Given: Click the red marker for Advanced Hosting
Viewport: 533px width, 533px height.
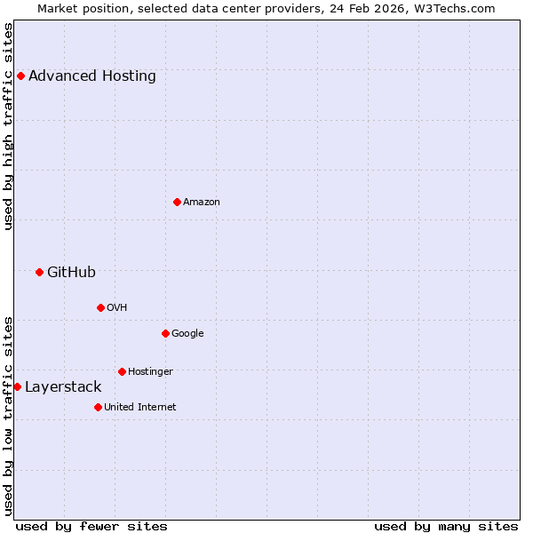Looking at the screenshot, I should coord(20,76).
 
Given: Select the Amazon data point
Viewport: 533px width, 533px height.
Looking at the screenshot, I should coord(177,202).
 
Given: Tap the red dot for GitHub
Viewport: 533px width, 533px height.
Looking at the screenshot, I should coord(39,272).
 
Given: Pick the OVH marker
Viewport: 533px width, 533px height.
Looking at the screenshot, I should coord(100,307).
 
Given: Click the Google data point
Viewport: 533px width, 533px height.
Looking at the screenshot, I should coord(165,333).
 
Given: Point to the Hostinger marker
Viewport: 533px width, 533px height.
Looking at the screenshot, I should coord(122,371).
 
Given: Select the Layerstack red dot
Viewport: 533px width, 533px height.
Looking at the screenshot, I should coord(17,386).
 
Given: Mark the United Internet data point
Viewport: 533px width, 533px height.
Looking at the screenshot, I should coord(98,407).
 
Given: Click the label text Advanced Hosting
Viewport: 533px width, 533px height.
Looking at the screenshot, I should coord(92,76).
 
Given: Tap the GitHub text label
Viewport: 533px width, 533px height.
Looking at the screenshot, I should coord(71,273).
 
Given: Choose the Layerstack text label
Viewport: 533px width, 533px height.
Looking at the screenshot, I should coord(63,387).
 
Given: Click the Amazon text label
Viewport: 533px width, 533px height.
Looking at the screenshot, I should coord(202,203).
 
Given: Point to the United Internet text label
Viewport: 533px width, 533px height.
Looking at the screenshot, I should coord(140,408).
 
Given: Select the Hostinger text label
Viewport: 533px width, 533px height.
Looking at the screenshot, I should coord(150,372).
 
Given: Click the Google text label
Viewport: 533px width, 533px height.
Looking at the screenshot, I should coord(187,334).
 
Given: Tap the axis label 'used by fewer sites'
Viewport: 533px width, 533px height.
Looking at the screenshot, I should coord(91,526).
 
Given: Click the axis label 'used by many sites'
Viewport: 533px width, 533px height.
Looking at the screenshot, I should coord(446,526).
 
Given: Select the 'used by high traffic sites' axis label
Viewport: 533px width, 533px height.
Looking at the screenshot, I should coord(8,126).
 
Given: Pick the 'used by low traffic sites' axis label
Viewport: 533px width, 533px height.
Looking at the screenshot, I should coord(8,415).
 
